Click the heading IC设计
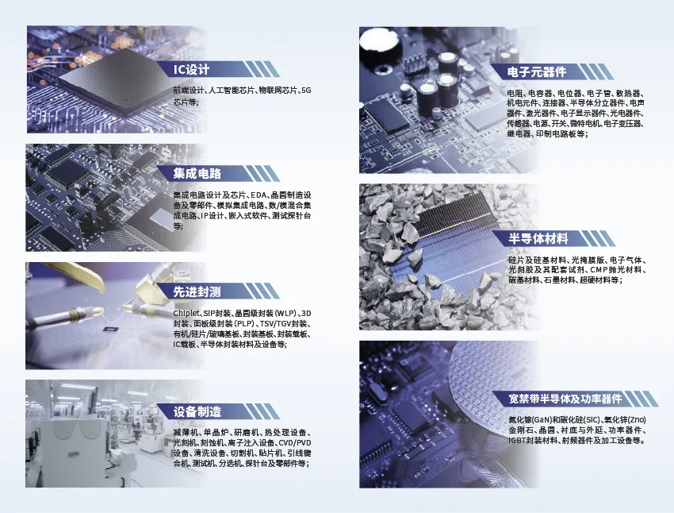pos(191,69)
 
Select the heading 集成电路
pos(197,174)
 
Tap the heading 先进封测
pos(197,291)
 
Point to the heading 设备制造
pos(197,412)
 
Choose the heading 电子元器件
pos(537,72)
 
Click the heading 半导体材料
pos(538,238)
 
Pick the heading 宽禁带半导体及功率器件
pos(565,399)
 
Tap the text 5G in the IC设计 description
pos(306,91)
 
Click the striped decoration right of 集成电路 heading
pos(262,174)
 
